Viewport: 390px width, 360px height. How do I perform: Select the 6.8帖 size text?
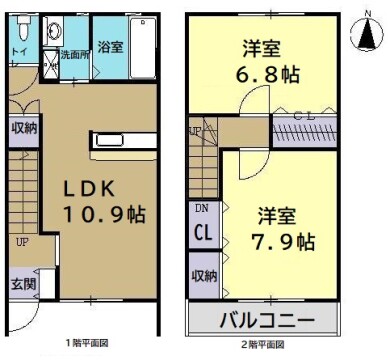pyautogui.click(x=267, y=73)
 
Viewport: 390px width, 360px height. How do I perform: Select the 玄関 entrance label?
pyautogui.click(x=22, y=283)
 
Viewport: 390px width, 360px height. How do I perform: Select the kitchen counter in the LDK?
pyautogui.click(x=123, y=141)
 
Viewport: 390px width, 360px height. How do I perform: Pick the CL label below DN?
pyautogui.click(x=201, y=234)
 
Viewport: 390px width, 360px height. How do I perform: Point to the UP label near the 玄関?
pyautogui.click(x=21, y=241)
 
